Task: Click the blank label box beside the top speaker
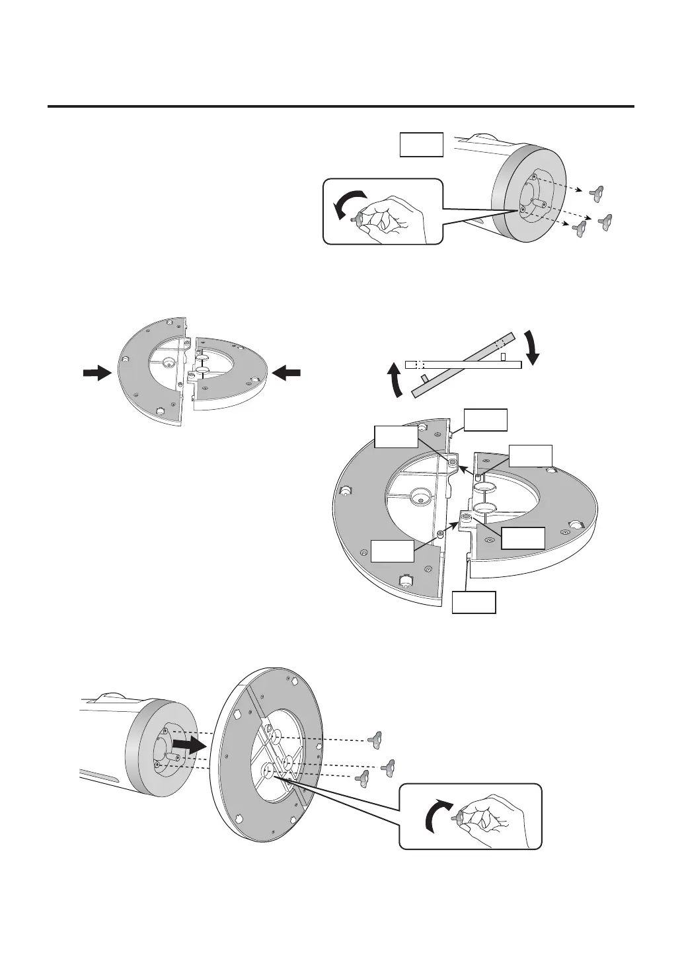421,144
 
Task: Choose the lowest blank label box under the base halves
473,602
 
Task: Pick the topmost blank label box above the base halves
486,420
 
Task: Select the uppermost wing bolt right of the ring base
377,738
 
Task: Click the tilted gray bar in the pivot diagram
463,364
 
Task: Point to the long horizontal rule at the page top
341,106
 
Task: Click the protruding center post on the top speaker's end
538,197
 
